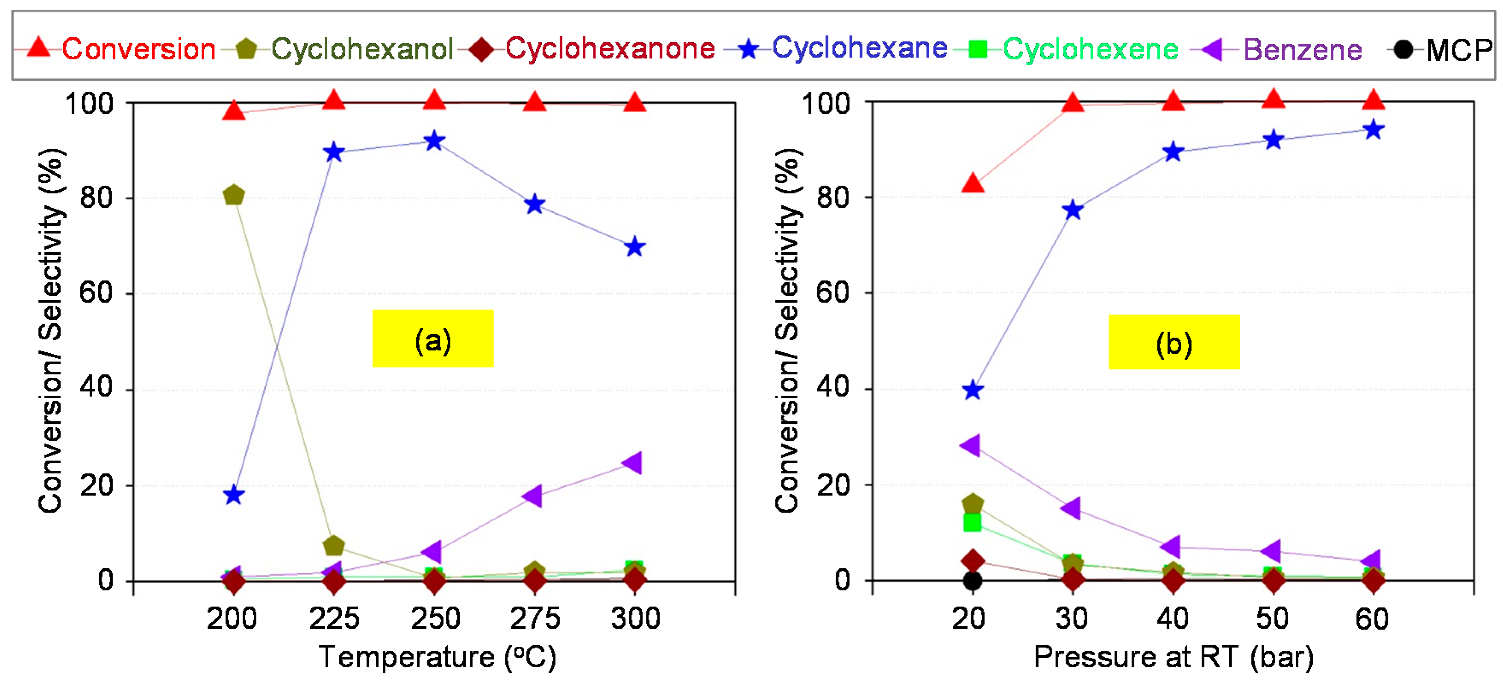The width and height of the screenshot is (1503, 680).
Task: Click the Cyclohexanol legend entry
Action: [362, 49]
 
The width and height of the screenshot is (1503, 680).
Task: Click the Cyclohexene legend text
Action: [1090, 49]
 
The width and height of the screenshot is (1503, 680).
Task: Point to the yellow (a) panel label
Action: [432, 339]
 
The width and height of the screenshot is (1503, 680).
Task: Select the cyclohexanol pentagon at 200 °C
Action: [233, 195]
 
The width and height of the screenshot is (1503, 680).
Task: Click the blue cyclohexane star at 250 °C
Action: [434, 141]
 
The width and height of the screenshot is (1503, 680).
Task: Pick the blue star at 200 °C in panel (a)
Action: [233, 495]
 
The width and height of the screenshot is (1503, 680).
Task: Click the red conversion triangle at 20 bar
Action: [972, 183]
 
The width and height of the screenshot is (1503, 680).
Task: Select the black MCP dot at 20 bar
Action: [972, 580]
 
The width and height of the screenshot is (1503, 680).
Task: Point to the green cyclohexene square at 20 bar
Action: [972, 522]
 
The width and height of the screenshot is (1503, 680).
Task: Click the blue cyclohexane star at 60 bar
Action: [1374, 129]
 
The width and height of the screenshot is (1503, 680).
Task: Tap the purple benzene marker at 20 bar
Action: [970, 446]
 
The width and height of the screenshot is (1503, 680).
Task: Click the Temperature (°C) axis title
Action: [437, 657]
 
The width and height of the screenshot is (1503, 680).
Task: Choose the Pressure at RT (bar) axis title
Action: [1173, 657]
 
